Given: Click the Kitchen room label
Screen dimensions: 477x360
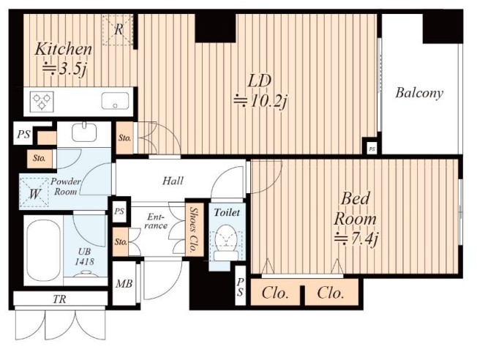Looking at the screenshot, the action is click(63, 49).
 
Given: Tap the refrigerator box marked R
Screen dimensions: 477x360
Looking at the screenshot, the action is click(118, 30).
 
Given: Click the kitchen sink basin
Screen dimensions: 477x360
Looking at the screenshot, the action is click(115, 100).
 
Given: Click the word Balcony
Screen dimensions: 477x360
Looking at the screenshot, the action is click(419, 93).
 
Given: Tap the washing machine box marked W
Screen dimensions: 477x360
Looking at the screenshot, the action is click(34, 193).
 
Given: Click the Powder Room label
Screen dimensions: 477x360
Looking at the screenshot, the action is click(65, 187).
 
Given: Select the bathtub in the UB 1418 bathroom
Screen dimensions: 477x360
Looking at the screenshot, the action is click(43, 250).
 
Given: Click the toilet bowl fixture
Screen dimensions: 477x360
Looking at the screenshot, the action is click(226, 242).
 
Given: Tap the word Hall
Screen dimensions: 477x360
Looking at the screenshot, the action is click(173, 181).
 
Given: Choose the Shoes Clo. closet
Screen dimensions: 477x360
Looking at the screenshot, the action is click(194, 230).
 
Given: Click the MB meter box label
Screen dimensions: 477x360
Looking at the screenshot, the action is click(124, 284).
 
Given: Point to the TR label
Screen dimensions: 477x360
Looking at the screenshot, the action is click(59, 299).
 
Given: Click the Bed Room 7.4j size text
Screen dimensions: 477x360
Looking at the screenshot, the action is click(356, 239).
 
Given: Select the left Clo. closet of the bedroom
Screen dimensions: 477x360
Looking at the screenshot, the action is click(275, 293).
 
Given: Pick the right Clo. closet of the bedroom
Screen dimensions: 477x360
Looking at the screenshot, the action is click(331, 293).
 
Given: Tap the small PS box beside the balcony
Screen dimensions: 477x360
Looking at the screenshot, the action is click(372, 149).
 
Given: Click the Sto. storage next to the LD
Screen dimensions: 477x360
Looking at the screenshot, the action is click(124, 138).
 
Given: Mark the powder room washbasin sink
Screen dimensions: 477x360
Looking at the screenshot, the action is click(84, 132).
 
